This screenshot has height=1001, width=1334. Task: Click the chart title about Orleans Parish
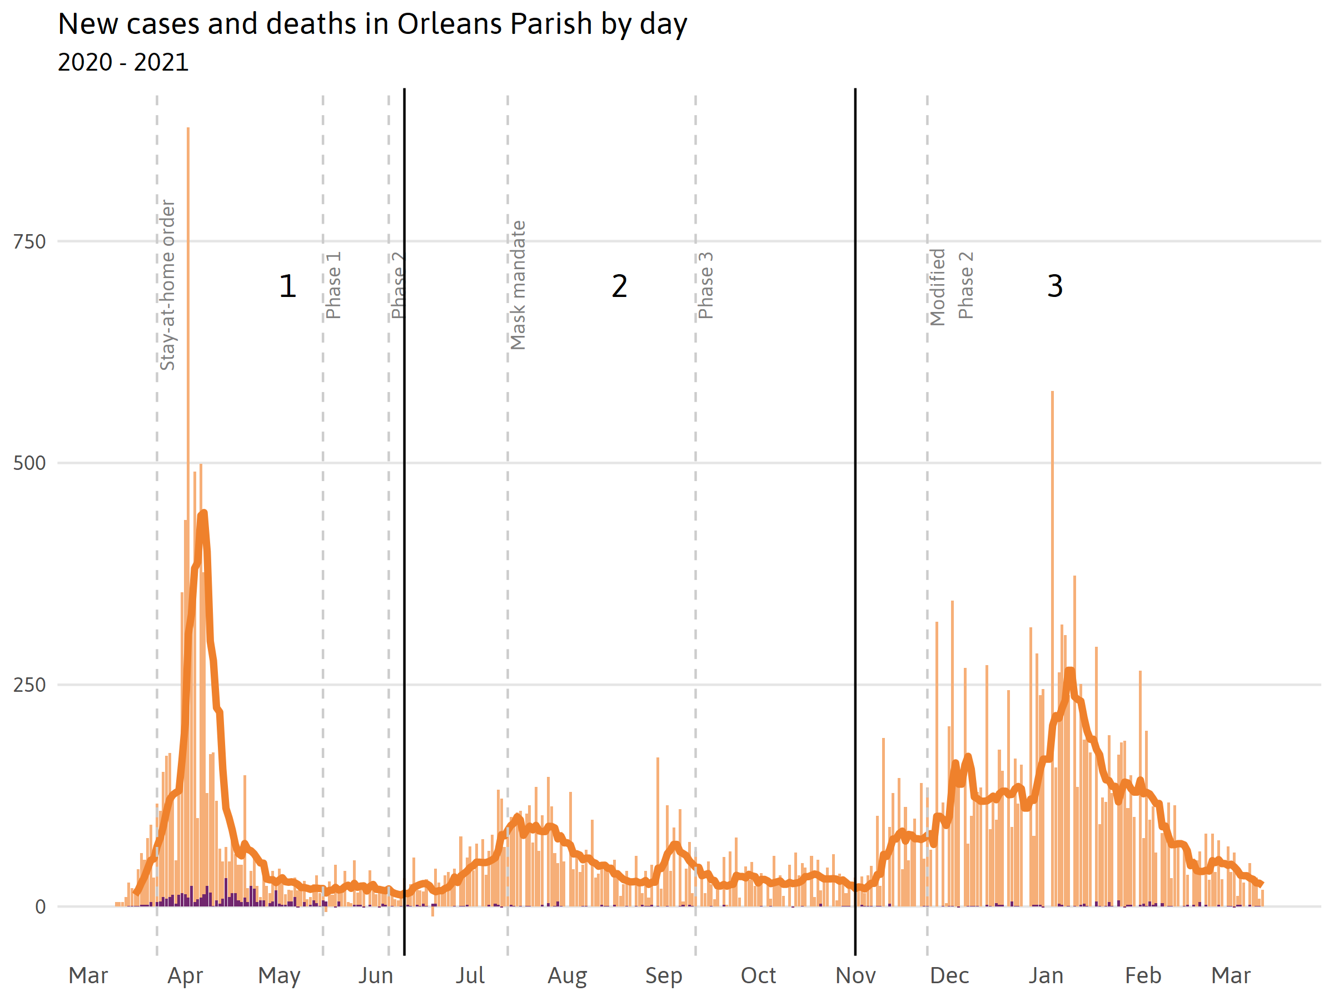click(372, 24)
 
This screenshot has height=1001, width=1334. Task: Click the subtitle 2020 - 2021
click(123, 62)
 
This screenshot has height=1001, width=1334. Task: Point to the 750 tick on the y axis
click(29, 241)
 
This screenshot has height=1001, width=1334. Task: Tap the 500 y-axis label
click(29, 463)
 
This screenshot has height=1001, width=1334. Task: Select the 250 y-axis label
click(29, 684)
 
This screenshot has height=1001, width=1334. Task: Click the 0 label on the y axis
click(40, 906)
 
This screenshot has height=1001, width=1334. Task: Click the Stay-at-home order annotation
click(167, 285)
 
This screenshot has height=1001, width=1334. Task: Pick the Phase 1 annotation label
click(333, 285)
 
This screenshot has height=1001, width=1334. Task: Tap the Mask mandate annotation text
click(517, 285)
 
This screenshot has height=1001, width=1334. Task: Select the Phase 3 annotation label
click(705, 285)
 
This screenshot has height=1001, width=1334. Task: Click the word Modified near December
click(937, 286)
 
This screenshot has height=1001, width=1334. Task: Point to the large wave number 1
click(288, 286)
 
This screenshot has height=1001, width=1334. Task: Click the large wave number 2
click(619, 286)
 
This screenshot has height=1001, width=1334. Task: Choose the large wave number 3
click(1055, 286)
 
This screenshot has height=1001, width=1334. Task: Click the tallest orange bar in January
click(1052, 543)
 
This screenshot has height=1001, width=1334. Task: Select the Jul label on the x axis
click(470, 975)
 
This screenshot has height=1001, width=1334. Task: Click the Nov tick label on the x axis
click(855, 975)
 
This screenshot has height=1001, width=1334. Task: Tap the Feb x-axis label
click(1143, 975)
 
